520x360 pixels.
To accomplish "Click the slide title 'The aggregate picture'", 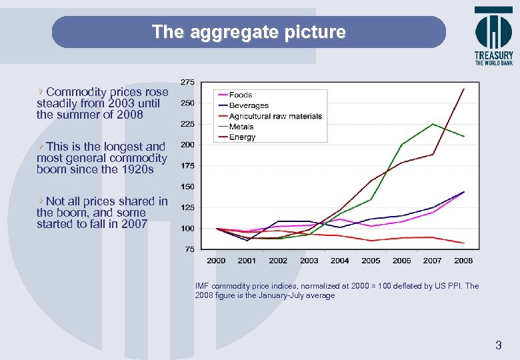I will pyautogui.click(x=249, y=32).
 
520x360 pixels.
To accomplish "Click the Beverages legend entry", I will pyautogui.click(x=248, y=105).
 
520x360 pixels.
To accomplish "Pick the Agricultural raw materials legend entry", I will pyautogui.click(x=275, y=116).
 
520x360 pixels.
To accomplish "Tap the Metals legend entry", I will pyautogui.click(x=241, y=127).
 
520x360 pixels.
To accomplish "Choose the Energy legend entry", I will pyautogui.click(x=242, y=137).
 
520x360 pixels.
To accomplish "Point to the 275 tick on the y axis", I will pyautogui.click(x=187, y=82).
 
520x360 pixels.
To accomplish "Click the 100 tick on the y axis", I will pyautogui.click(x=187, y=229).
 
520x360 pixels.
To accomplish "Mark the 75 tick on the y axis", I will pyautogui.click(x=189, y=249).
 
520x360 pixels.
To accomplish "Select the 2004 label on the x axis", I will pyautogui.click(x=340, y=261).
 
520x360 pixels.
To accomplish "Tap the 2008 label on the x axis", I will pyautogui.click(x=463, y=261).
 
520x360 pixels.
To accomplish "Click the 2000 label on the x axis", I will pyautogui.click(x=216, y=261).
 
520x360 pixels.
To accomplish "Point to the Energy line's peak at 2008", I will pyautogui.click(x=464, y=89).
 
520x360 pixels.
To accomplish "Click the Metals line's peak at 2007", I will pyautogui.click(x=433, y=124).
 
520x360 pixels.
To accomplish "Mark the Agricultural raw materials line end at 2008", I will pyautogui.click(x=464, y=243).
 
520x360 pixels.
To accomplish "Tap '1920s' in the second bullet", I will pyautogui.click(x=137, y=169).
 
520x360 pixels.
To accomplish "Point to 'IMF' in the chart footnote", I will pyautogui.click(x=203, y=286).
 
